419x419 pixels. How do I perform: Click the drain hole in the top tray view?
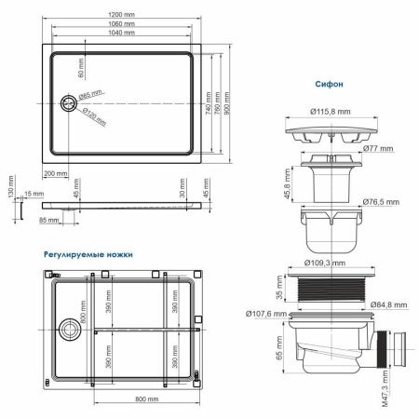pyautogui.click(x=68, y=102)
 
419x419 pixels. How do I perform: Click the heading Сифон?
pyautogui.click(x=329, y=84)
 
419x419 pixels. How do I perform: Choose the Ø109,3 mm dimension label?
pyautogui.click(x=331, y=264)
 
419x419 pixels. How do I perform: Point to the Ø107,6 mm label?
pyautogui.click(x=266, y=314)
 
